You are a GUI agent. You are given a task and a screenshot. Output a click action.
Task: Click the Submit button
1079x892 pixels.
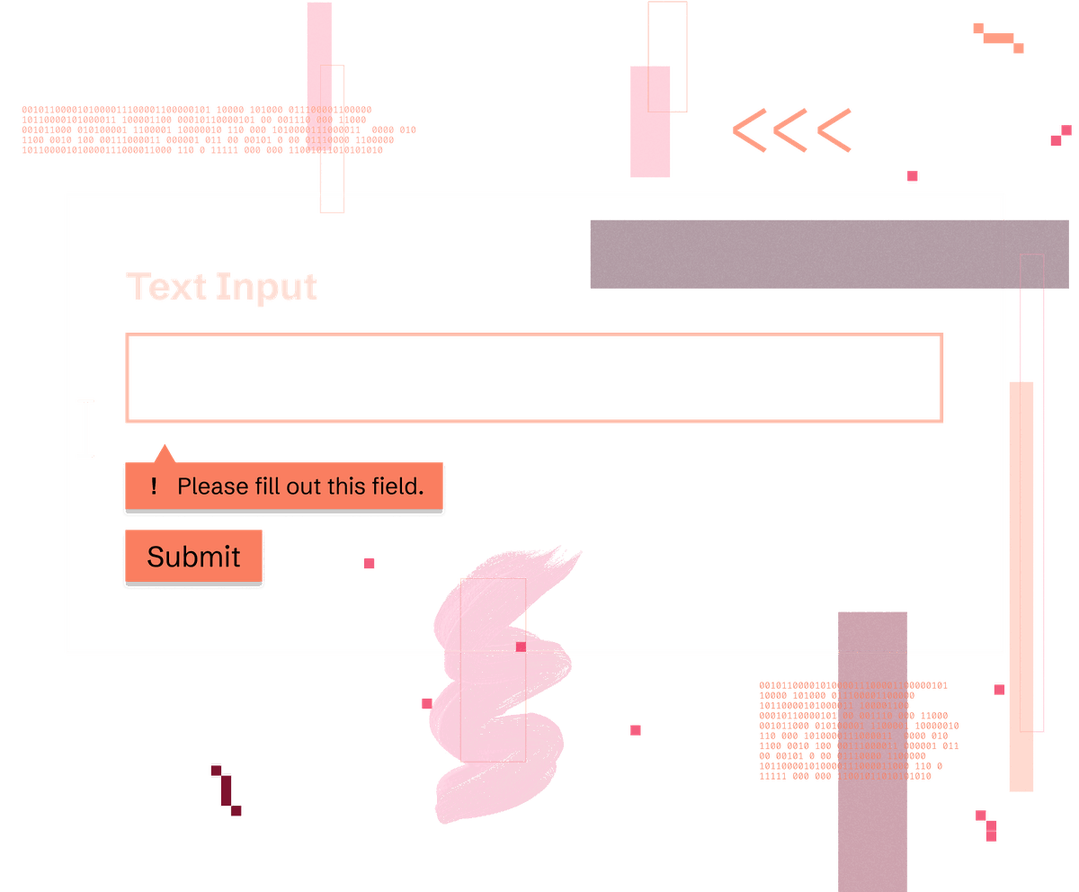click(193, 557)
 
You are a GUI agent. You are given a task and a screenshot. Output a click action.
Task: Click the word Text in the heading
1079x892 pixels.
click(167, 287)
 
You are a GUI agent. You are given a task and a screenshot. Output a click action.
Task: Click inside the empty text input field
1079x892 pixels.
click(533, 378)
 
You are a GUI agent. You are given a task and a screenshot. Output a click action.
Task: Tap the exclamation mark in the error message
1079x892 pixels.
click(155, 486)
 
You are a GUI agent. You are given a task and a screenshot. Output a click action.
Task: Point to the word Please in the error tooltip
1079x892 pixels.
click(212, 486)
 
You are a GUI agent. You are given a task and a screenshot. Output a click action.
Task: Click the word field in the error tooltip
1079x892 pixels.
click(397, 486)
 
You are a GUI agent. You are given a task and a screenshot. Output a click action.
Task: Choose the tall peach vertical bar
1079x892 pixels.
click(1021, 584)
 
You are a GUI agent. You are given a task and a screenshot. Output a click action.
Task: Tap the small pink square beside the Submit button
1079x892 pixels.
click(369, 563)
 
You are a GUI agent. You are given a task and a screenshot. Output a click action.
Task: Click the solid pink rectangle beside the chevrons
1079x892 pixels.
click(650, 121)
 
